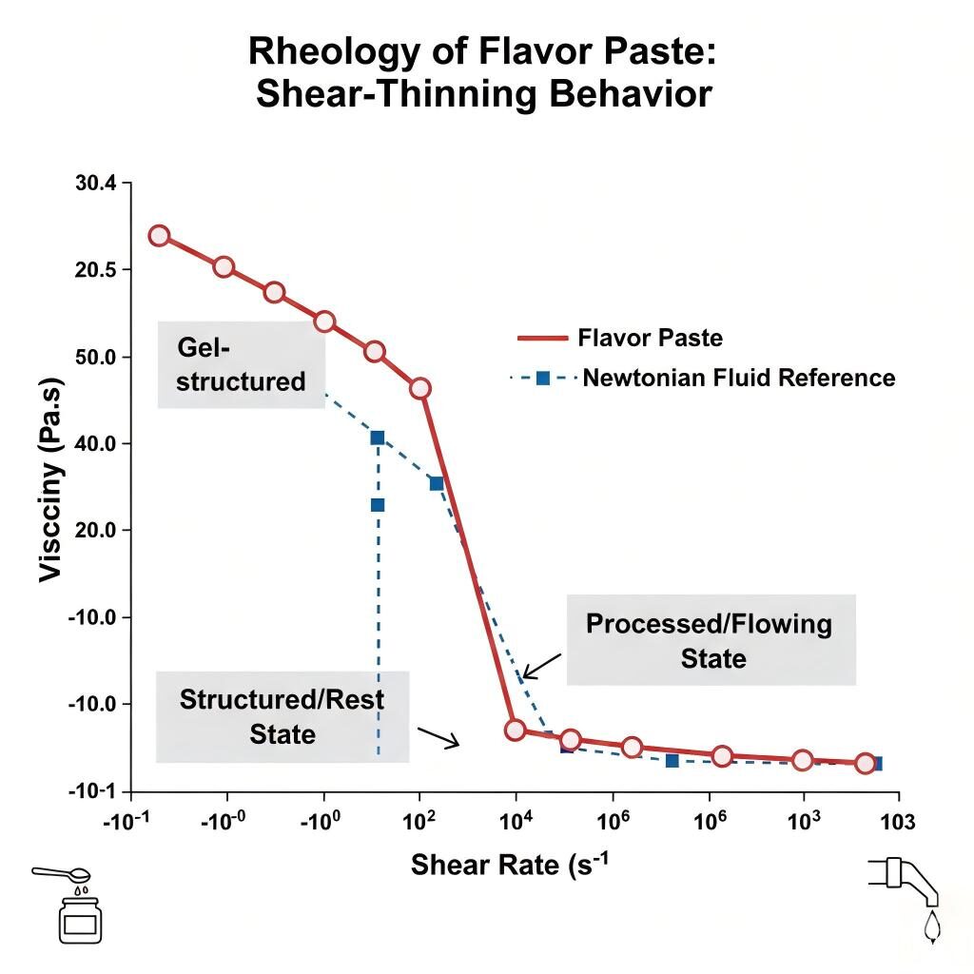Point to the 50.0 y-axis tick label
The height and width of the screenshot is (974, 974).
pyautogui.click(x=95, y=357)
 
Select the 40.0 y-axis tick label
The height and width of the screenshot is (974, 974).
pyautogui.click(x=95, y=443)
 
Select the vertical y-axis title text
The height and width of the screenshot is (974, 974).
pyautogui.click(x=52, y=487)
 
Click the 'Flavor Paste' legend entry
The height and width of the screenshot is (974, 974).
pyautogui.click(x=650, y=338)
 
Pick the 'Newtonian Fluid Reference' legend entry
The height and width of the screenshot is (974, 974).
pyautogui.click(x=738, y=378)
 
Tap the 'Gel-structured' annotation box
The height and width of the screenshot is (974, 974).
pyautogui.click(x=242, y=364)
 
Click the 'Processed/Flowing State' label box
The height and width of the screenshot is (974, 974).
pyautogui.click(x=711, y=640)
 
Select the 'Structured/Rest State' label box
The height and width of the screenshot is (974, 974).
pyautogui.click(x=282, y=716)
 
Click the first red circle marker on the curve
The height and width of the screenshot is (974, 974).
pyautogui.click(x=159, y=236)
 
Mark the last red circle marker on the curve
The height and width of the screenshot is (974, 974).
pyautogui.click(x=865, y=763)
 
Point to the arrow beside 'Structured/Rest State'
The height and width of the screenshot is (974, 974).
pyautogui.click(x=438, y=737)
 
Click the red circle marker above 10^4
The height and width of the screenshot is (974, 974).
pyautogui.click(x=515, y=730)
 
